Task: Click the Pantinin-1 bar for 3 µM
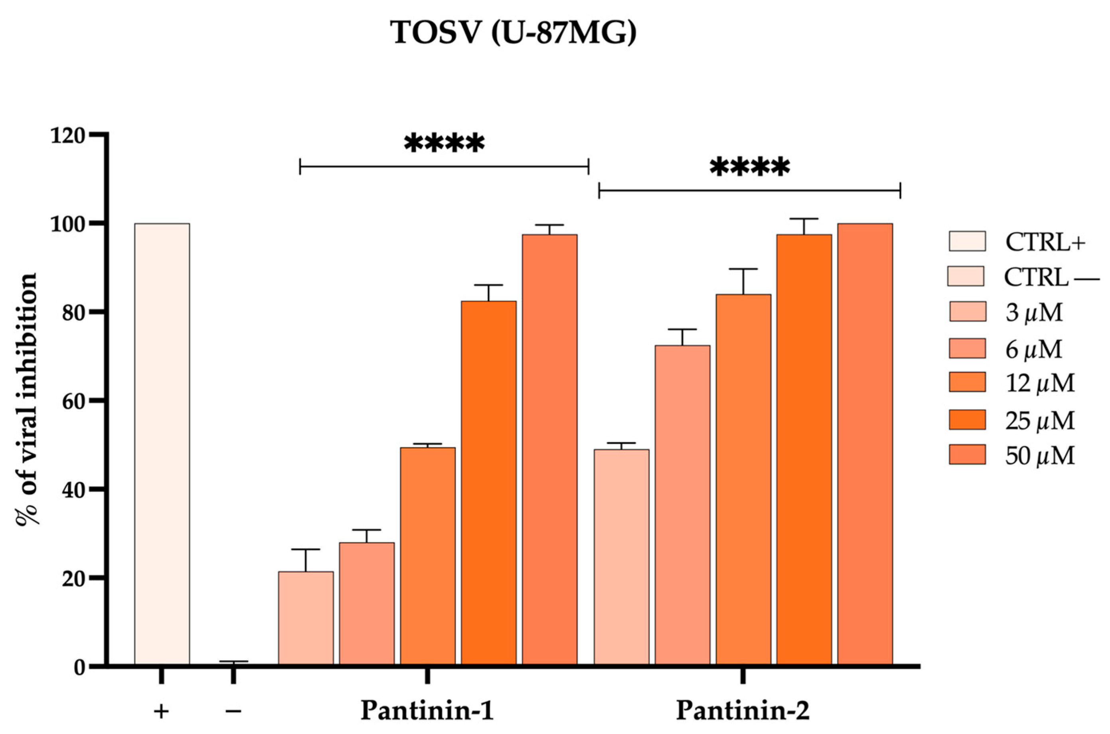(x=306, y=617)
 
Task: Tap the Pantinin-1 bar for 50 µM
(x=549, y=449)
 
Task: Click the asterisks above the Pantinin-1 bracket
(x=444, y=144)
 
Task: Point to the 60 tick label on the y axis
(x=73, y=401)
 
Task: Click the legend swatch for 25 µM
(x=967, y=419)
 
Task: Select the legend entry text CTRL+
(x=1045, y=243)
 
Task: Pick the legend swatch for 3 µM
(x=967, y=312)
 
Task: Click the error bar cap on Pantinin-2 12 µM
(x=743, y=269)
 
